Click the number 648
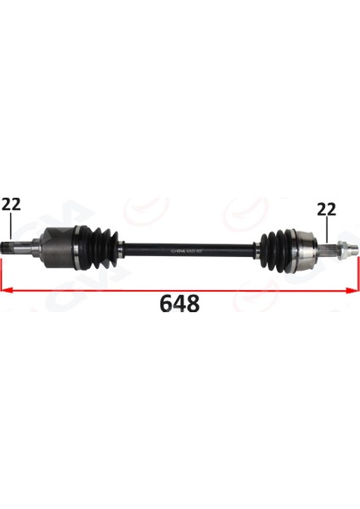point(179,303)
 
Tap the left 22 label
point(11,204)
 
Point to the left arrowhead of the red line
point(7,289)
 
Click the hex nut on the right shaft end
point(337,249)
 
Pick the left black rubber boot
point(100,245)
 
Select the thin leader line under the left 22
point(11,227)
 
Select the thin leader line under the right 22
point(325,232)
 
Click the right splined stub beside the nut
point(325,249)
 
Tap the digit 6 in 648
point(166,303)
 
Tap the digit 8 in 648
point(193,303)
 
